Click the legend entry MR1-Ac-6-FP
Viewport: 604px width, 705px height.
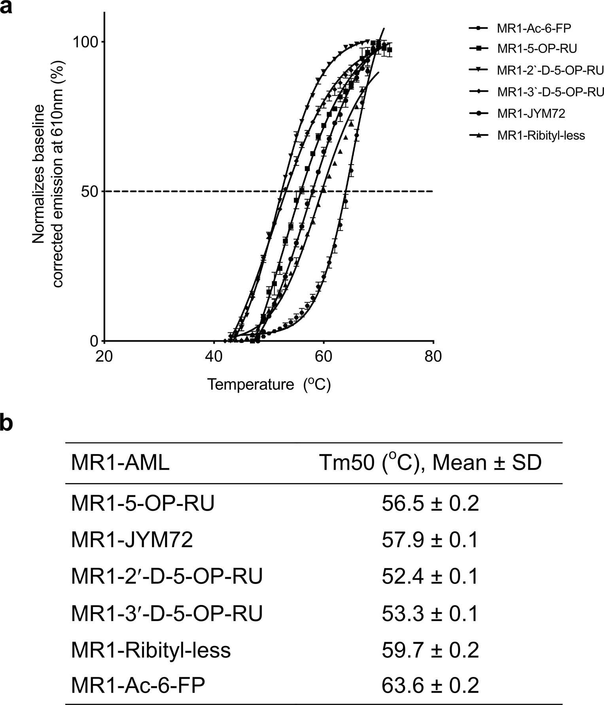(x=534, y=28)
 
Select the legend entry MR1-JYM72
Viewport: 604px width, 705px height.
(x=531, y=114)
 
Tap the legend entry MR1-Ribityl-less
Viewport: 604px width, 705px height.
(x=541, y=135)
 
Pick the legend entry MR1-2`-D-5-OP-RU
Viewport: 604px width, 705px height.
(x=550, y=70)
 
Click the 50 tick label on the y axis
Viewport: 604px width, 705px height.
(x=87, y=191)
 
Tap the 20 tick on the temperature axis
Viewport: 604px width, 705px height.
(x=104, y=356)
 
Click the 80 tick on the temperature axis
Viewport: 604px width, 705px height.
(x=433, y=356)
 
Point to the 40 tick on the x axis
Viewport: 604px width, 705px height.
(x=214, y=356)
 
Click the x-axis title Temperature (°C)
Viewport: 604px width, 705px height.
(x=269, y=384)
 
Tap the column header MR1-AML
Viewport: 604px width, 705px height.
(x=120, y=463)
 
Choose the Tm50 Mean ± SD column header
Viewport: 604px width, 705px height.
(x=430, y=462)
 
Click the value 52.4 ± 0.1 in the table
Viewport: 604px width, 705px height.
(x=430, y=576)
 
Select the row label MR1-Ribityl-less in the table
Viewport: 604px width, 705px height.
(x=151, y=650)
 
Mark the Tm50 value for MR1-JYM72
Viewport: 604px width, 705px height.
(x=430, y=540)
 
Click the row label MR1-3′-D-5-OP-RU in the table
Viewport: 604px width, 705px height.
(x=167, y=613)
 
